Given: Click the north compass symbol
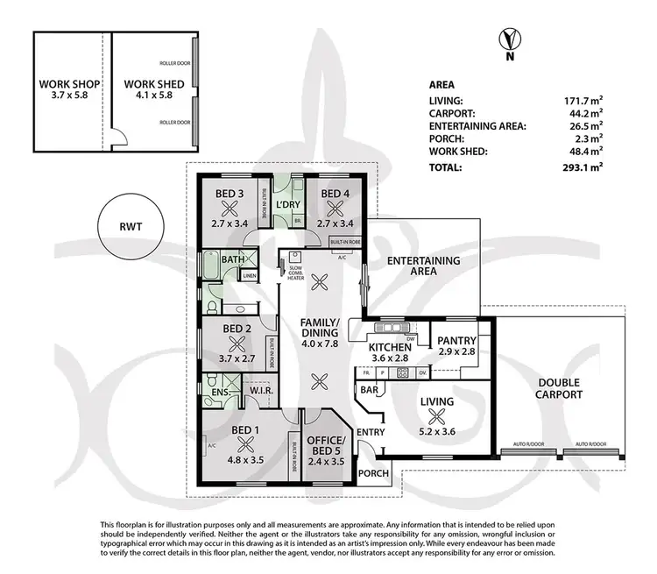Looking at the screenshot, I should click(x=505, y=42).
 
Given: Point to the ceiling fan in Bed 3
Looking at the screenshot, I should click(x=231, y=208).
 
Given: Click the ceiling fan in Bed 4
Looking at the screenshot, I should click(x=333, y=208).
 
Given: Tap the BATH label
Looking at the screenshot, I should click(x=232, y=259).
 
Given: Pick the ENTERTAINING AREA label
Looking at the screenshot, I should click(x=424, y=266).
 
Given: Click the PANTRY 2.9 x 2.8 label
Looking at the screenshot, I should click(x=456, y=345).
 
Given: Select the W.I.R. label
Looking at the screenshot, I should click(x=262, y=391).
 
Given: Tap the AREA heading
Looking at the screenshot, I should click(x=442, y=85).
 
